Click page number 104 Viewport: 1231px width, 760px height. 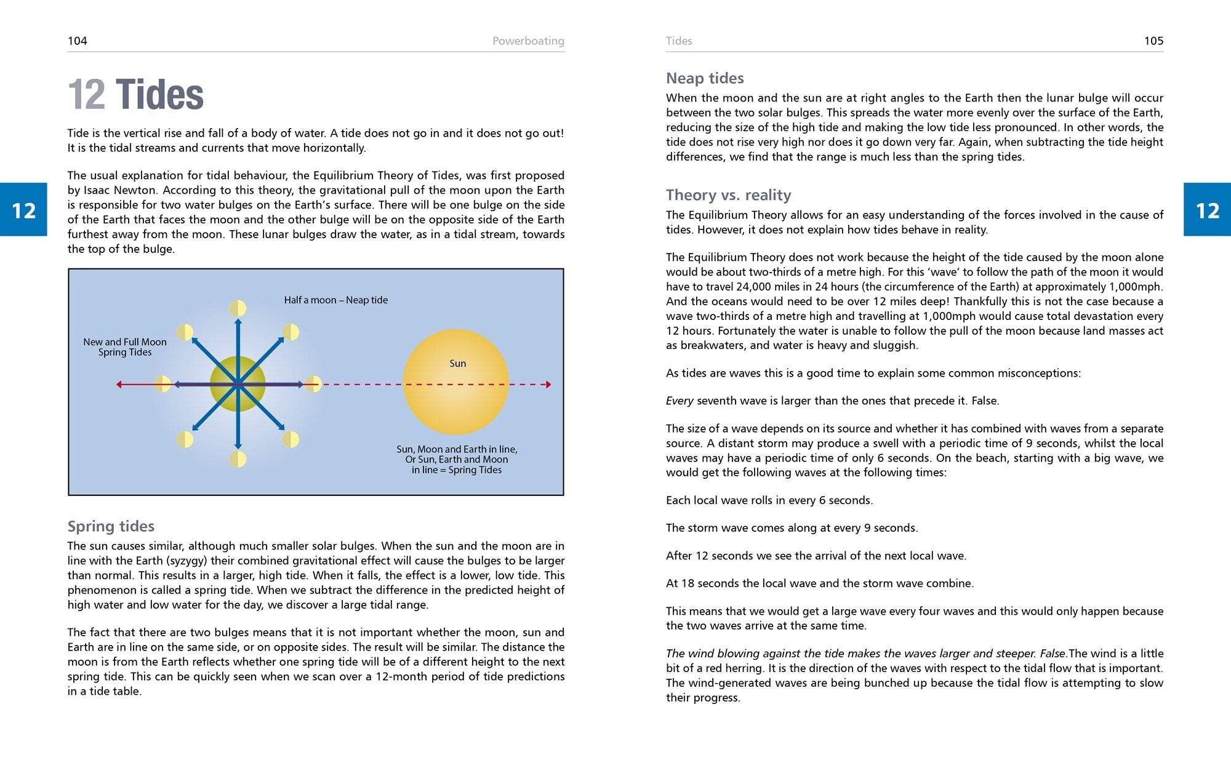coord(78,41)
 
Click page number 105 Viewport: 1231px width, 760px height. coord(1153,41)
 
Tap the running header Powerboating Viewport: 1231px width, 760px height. coord(528,41)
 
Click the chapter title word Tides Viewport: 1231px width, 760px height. coord(159,95)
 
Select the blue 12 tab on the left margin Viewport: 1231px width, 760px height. coord(23,210)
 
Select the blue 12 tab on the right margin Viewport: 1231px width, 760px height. coord(1207,210)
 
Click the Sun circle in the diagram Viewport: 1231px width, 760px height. coord(456,383)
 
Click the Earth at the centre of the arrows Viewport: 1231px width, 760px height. coord(238,384)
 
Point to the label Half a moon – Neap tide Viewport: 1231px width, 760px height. coord(335,300)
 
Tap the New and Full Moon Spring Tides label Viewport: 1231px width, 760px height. coord(125,347)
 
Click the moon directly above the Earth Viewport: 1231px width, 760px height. coord(238,308)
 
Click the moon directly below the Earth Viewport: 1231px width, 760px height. coord(238,459)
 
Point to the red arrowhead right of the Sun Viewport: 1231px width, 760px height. coord(548,385)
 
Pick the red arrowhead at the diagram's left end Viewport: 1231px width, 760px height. coord(119,385)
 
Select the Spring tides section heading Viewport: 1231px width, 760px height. coord(111,526)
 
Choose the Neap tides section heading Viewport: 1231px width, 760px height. coord(705,78)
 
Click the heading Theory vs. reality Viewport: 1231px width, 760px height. coord(728,195)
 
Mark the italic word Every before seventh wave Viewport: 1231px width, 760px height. coord(680,401)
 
